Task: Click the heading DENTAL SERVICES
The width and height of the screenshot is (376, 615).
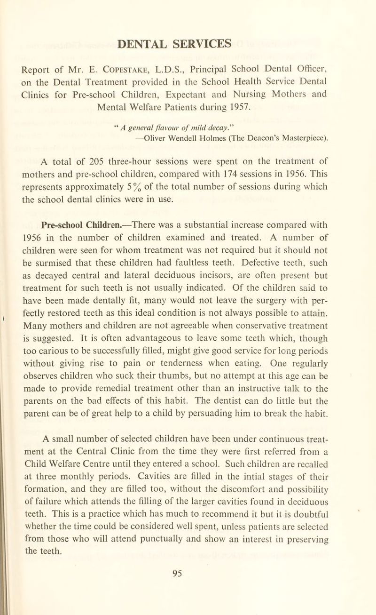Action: pos(188,43)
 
